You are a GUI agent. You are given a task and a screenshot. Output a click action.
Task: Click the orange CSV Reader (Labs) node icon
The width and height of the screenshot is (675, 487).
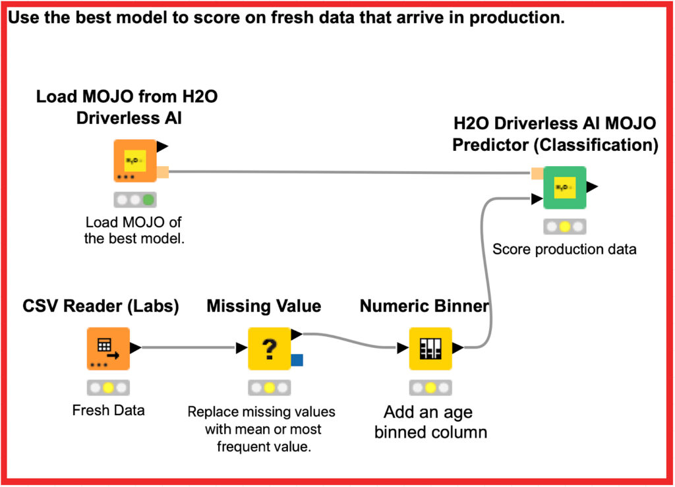pos(108,348)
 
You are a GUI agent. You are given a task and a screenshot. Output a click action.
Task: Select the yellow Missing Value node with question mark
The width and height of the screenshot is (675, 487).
pos(269,348)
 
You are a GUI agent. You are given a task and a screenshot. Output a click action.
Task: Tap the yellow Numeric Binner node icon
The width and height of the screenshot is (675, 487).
pos(430,348)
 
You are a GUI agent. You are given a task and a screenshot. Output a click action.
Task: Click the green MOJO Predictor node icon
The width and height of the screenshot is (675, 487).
pos(564,187)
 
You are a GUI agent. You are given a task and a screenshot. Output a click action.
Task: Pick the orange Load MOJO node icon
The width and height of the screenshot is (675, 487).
pos(134,160)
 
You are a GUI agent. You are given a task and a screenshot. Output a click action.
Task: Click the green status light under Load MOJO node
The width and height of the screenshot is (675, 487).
pos(149,200)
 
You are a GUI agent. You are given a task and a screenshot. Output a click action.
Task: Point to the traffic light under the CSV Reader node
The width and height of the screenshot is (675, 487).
pos(109,387)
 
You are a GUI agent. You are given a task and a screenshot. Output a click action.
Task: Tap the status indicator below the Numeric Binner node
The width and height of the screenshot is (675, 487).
pos(430,387)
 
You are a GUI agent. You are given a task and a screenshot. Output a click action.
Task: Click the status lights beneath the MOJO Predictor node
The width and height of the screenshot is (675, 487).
pos(564,227)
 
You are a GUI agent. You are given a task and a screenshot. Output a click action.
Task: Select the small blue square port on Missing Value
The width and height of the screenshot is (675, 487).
pos(297,360)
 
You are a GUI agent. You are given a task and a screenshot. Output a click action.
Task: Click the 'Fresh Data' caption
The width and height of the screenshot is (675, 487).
pos(108,411)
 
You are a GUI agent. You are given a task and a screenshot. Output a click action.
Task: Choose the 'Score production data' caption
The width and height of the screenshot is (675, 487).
pos(564,250)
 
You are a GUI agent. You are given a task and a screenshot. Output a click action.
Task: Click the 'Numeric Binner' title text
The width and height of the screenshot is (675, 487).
pos(424,306)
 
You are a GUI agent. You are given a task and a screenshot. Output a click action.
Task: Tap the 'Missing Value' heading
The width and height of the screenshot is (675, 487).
pos(264,306)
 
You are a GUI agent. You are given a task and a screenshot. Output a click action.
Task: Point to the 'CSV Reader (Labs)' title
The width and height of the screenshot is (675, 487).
pos(101,306)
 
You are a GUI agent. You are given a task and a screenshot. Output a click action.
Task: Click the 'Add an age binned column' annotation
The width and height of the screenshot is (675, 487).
pos(430,423)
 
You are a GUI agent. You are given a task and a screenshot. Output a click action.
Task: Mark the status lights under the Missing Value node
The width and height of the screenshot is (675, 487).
pos(269,387)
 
